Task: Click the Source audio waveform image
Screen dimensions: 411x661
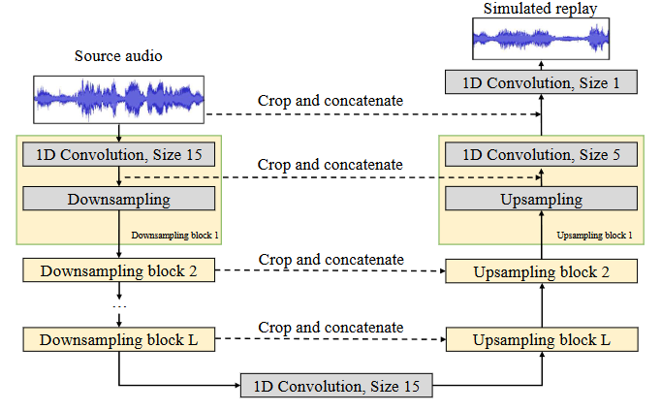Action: (119, 99)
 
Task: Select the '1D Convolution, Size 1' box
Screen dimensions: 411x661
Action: (541, 82)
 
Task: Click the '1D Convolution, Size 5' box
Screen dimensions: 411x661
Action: (541, 153)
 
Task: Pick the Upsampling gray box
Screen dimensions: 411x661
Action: (541, 200)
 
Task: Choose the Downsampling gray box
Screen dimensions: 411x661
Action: (118, 200)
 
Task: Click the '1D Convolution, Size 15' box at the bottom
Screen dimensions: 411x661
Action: (336, 386)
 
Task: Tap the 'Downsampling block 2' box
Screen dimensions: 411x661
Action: (118, 270)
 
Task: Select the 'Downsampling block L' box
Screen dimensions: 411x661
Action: (118, 340)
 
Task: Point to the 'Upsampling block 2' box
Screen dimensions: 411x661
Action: (541, 270)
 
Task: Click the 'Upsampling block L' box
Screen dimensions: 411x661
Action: (541, 340)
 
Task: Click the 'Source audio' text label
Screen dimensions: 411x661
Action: (118, 55)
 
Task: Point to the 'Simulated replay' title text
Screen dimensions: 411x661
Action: (541, 9)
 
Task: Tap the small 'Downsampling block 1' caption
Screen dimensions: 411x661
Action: (175, 236)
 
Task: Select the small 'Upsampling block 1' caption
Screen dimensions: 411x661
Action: (595, 236)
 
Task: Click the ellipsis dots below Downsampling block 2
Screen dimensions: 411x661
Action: (119, 306)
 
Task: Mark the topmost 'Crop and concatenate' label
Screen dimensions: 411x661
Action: (330, 101)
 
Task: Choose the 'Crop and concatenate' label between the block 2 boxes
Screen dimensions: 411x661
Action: (330, 259)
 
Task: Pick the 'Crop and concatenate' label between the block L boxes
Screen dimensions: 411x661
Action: (330, 328)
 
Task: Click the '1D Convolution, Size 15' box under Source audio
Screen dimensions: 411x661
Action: (118, 153)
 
